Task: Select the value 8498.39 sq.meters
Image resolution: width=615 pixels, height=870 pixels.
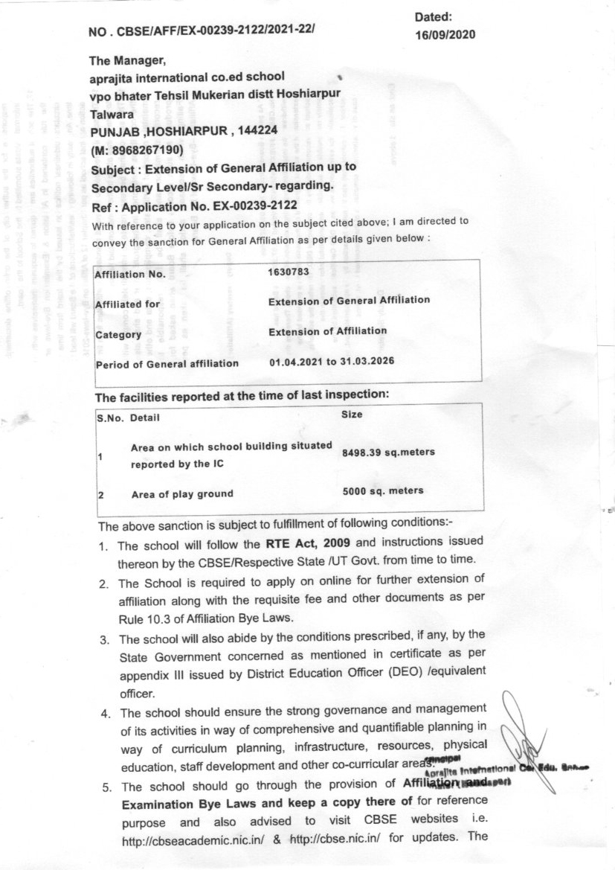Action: point(388,452)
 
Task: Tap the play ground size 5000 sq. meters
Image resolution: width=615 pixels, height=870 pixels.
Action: point(383,490)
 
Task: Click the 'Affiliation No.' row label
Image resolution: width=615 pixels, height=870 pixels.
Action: point(129,275)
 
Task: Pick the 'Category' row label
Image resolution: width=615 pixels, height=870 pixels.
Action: point(118,335)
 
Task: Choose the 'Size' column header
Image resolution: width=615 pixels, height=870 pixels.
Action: point(351,414)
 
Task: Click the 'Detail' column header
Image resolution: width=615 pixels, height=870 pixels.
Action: point(144,418)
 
